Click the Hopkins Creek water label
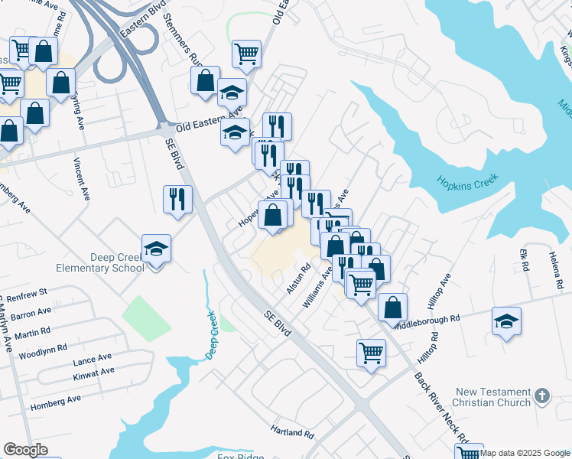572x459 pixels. pos(468,181)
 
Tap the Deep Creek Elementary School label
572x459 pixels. pos(100,262)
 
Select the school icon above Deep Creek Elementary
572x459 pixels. pos(157,249)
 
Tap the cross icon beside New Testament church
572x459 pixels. pos(542,396)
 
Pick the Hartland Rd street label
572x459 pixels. pos(293,433)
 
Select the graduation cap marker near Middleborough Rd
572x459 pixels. pos(506,321)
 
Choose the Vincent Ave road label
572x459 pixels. pos(83,178)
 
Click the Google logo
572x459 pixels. pos(25,450)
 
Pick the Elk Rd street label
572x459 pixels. pos(525,261)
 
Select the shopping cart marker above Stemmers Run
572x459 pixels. pos(246,54)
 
